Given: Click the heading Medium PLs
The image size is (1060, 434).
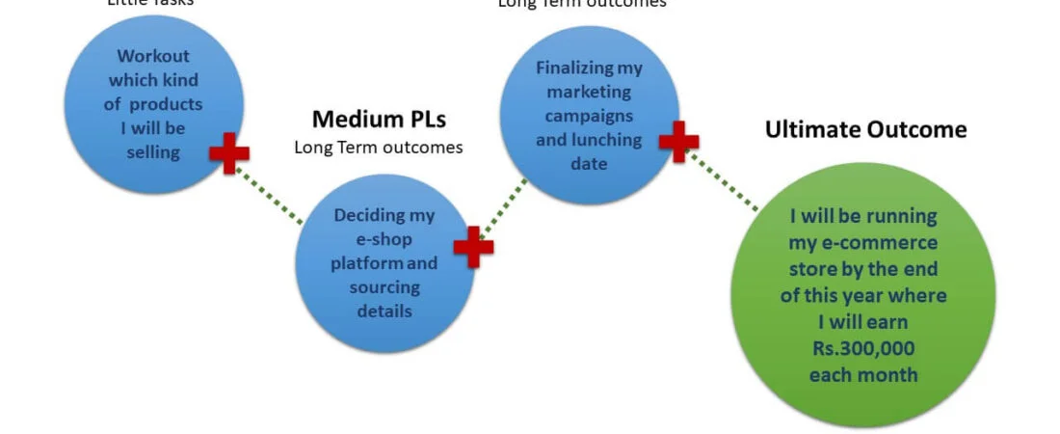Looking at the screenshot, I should pyautogui.click(x=379, y=120).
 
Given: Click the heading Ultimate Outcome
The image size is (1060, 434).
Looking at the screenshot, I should pyautogui.click(x=865, y=129).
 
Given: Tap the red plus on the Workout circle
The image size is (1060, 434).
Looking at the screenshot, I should pyautogui.click(x=229, y=153).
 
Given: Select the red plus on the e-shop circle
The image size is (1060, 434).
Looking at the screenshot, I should pyautogui.click(x=473, y=247).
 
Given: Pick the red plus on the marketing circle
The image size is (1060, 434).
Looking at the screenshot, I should pyautogui.click(x=678, y=141).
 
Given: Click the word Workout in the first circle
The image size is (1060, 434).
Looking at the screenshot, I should pyautogui.click(x=154, y=56).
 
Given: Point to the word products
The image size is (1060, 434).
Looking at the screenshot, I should pyautogui.click(x=166, y=104).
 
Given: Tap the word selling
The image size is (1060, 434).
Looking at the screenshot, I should pyautogui.click(x=154, y=151).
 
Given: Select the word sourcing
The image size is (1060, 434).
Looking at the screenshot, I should pyautogui.click(x=384, y=286).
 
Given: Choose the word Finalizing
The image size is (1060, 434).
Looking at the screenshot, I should pyautogui.click(x=589, y=68).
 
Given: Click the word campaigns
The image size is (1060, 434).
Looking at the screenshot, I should pyautogui.click(x=589, y=116).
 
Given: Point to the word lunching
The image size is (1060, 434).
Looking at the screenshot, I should pyautogui.click(x=604, y=140).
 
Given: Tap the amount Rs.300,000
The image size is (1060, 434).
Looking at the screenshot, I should pyautogui.click(x=863, y=348).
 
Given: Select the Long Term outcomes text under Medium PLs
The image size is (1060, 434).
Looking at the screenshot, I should pyautogui.click(x=378, y=148).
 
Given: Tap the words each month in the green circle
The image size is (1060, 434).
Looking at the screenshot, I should pyautogui.click(x=863, y=374).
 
